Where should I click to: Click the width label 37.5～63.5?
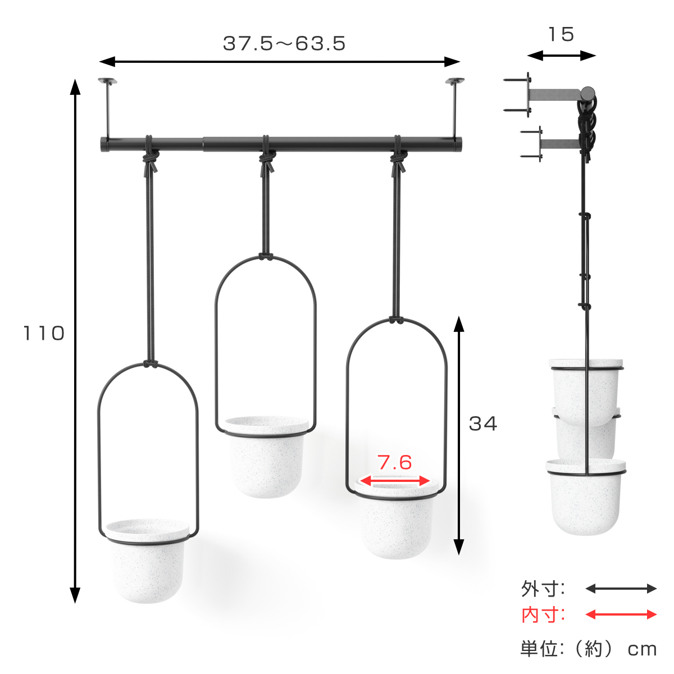click(x=284, y=44)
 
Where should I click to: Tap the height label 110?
click(x=44, y=333)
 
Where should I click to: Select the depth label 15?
click(x=561, y=34)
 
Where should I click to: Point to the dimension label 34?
click(x=482, y=423)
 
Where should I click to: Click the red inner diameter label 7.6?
click(x=394, y=462)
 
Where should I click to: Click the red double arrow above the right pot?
click(x=394, y=481)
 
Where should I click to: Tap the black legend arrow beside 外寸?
click(x=621, y=589)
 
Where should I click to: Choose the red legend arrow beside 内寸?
click(x=621, y=614)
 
